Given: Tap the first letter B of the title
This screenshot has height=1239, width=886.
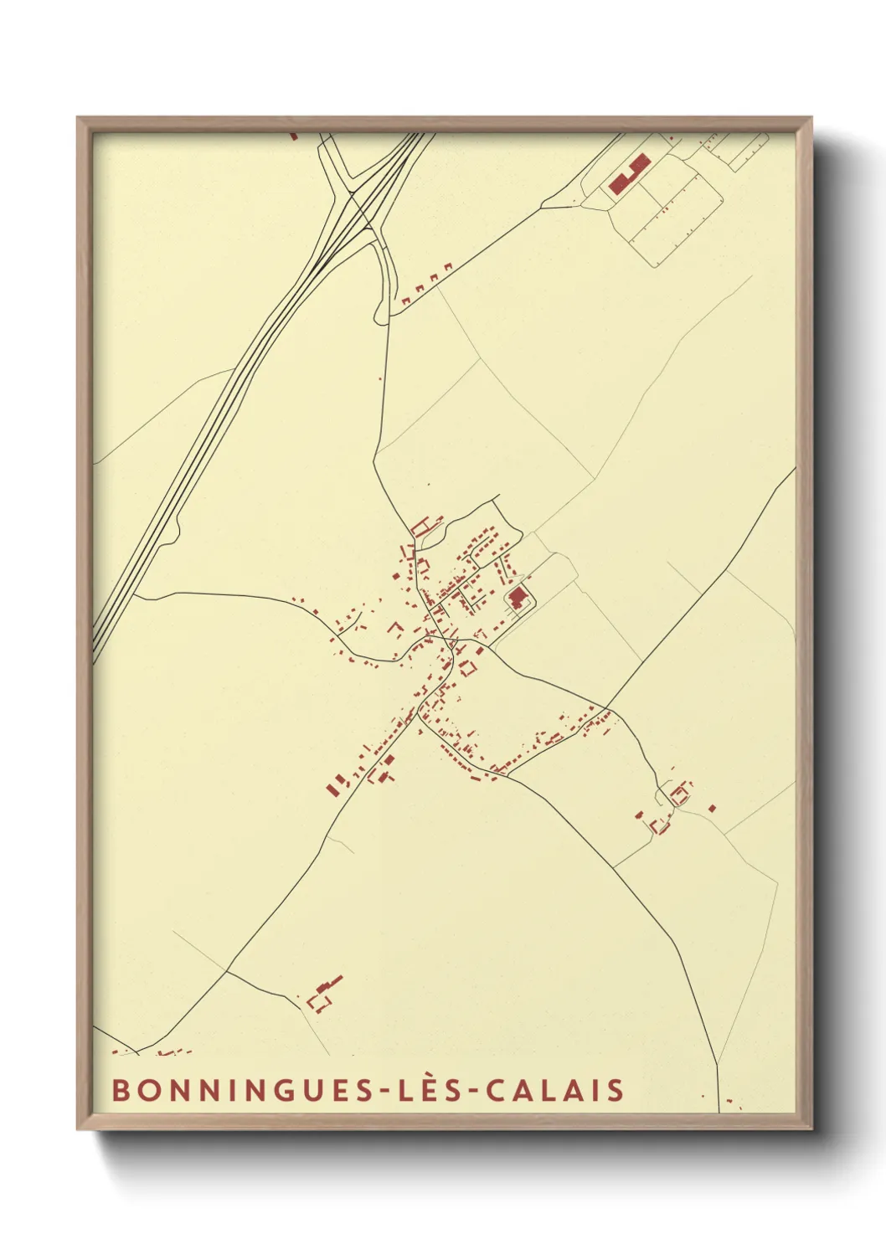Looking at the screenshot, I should pos(121,1090).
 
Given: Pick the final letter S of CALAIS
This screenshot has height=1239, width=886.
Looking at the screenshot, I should pos(616,1090).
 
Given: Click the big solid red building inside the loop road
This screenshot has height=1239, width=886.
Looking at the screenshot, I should pos(518,598).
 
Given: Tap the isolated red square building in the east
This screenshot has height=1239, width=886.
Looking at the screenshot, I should pos(712,808).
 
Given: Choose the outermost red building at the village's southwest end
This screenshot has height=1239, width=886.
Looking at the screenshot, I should pos(335,787).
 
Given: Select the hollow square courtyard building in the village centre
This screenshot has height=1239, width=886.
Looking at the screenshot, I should pos(469,668).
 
